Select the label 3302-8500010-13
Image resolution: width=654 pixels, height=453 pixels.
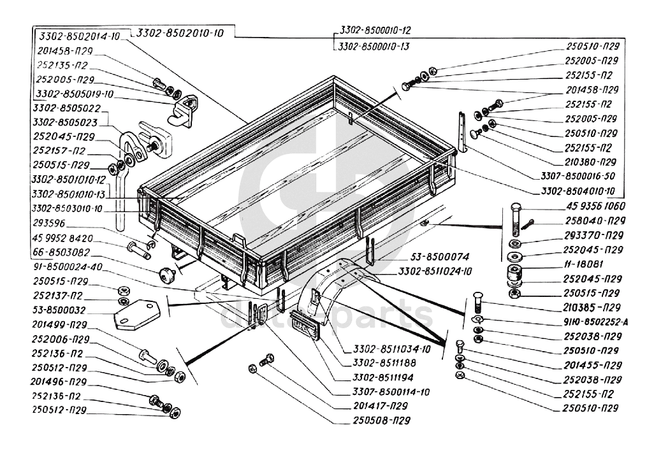click(375, 46)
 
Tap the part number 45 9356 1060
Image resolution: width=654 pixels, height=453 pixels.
click(595, 207)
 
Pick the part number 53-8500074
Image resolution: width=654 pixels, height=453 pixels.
click(440, 257)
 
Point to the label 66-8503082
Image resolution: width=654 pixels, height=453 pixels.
click(64, 252)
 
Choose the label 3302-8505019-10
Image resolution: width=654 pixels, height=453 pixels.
click(75, 94)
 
